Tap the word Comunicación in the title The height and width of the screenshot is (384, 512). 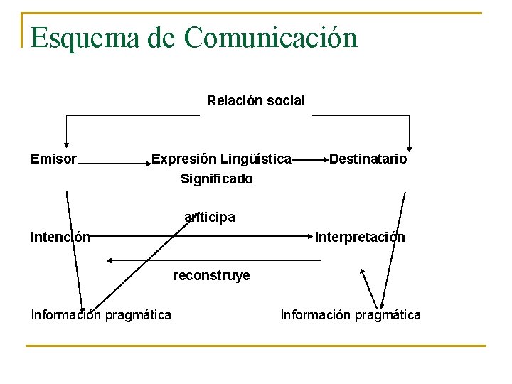pos(271,38)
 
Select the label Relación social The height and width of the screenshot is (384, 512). pos(256,101)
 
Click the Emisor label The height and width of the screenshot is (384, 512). pos(53,159)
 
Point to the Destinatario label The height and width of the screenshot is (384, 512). pos(368,159)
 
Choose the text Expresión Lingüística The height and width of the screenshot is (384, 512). pos(221,159)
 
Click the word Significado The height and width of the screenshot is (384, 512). pos(217,179)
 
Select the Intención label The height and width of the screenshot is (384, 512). pos(60,238)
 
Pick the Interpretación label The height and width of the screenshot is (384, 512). pos(360,238)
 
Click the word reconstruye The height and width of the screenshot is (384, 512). pos(211,276)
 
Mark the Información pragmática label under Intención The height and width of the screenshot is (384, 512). pos(101,314)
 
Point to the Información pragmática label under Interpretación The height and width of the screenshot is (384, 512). pos(351,314)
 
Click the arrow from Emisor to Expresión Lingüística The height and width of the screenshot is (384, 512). pos(114,163)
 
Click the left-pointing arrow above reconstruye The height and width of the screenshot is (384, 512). pos(213,261)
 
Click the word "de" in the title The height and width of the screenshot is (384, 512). pos(161,38)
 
